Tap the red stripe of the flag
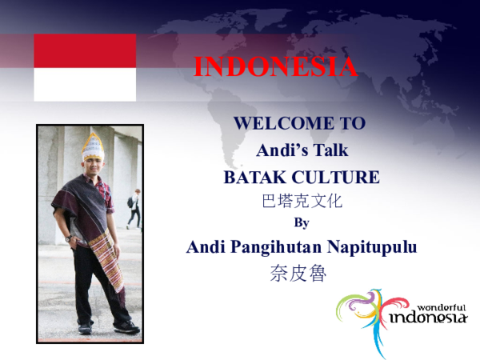pyautogui.click(x=85, y=50)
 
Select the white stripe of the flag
pyautogui.click(x=85, y=84)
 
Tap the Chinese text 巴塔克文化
pyautogui.click(x=302, y=201)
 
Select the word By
pyautogui.click(x=302, y=222)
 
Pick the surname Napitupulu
pyautogui.click(x=372, y=247)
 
